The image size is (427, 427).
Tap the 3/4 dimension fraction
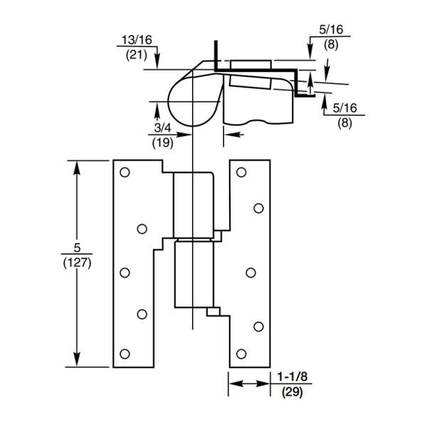point(163,128)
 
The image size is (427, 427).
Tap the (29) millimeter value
point(291,391)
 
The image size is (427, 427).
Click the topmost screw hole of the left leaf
point(125,172)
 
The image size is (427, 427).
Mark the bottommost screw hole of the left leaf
point(125,354)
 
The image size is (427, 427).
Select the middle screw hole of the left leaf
point(125,272)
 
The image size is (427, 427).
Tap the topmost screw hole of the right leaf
point(241,172)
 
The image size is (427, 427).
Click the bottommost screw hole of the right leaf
point(241,354)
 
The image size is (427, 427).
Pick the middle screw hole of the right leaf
point(251,272)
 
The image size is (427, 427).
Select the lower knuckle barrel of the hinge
point(193,274)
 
